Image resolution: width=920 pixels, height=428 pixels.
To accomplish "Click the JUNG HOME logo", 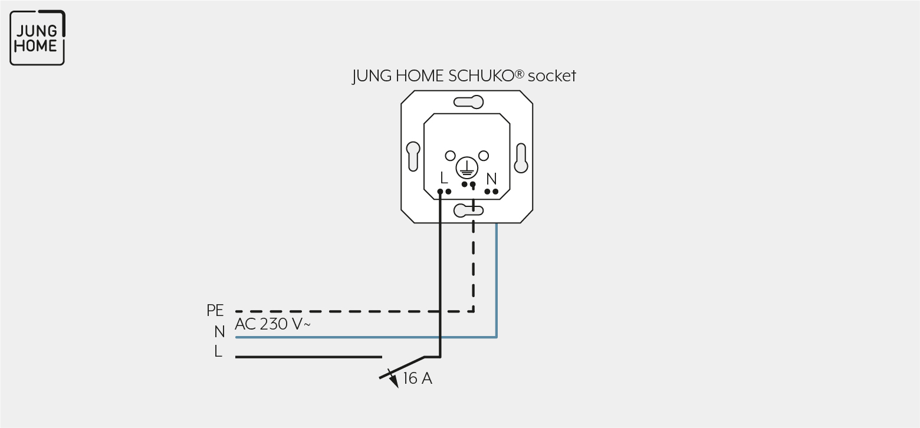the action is pos(37,38).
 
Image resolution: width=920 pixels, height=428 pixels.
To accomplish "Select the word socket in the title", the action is pos(551,76).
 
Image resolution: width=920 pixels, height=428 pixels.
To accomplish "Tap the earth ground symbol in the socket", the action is pos(467,167).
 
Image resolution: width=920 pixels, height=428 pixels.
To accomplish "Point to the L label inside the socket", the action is pos(443,178).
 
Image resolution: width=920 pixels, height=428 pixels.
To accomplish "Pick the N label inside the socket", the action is pos(491,179).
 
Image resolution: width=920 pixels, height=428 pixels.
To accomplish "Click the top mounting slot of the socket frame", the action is pos(468,102).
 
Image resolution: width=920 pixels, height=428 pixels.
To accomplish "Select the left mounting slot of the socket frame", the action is pos(413,156).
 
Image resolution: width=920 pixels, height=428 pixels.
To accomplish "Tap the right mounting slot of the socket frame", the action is pos(521,158).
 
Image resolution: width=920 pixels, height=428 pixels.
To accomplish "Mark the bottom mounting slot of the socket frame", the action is pos(468,210).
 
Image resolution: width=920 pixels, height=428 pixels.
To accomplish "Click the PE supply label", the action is pos(215,311).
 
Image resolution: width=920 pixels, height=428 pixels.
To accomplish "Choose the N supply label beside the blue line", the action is pos(219,331).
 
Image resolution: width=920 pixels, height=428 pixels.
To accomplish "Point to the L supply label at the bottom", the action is pos(218,351).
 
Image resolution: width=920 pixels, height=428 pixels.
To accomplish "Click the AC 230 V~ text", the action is pos(272,324).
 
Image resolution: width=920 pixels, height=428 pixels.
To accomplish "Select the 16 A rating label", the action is pos(418,378).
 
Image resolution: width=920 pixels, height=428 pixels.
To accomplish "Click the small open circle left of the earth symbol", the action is pos(451,156).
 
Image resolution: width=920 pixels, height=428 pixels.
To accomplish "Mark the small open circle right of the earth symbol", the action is pos(484,156).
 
